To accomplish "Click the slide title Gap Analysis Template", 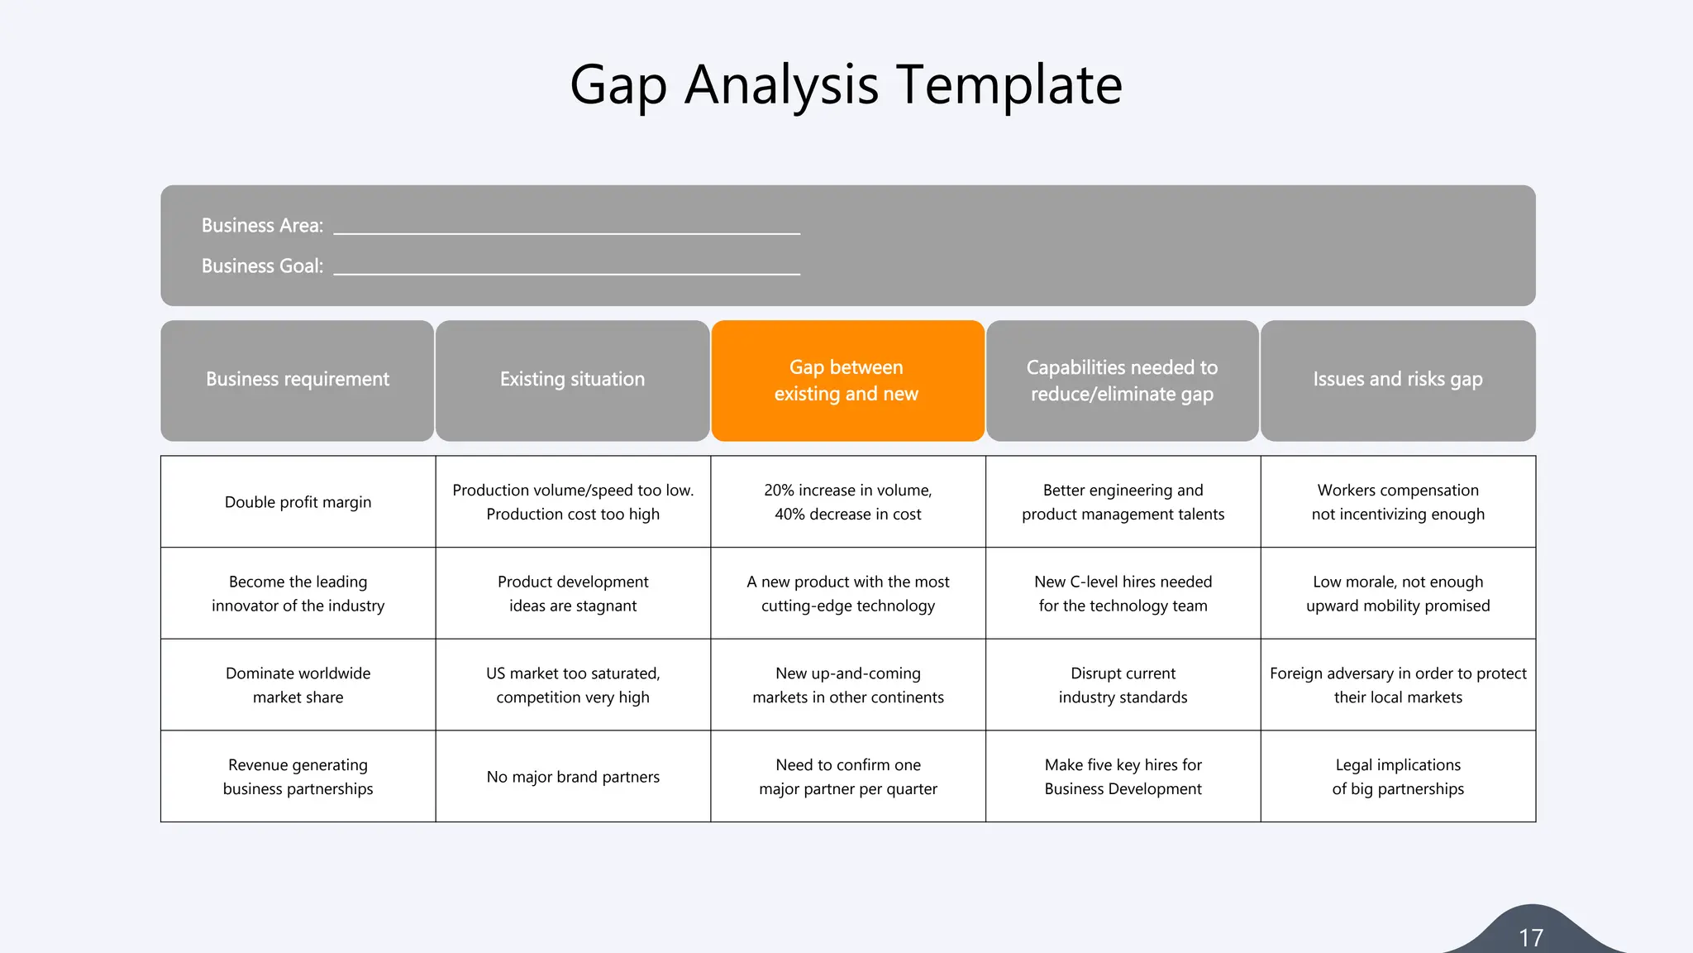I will pos(846,85).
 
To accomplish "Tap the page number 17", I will pos(1531,937).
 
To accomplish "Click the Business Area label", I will pos(262,225).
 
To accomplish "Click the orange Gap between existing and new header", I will pos(846,381).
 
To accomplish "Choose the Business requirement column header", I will pos(298,380).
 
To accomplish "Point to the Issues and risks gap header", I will pos(1398,380).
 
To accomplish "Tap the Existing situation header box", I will pos(572,380).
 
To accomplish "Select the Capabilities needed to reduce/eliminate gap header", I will pos(1122,381).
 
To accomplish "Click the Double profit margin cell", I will pos(298,502).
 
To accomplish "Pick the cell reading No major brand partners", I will pos(573,777).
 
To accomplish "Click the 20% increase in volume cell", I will pos(847,502).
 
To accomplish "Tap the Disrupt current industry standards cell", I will pos(1123,685).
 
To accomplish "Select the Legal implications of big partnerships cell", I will pos(1398,777).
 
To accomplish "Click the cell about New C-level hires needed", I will pos(1123,593).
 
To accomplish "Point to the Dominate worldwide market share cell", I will pos(298,685).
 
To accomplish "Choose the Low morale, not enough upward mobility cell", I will pos(1398,593).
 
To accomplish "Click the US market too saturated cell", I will pos(573,685).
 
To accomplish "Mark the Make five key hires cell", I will pos(1123,777).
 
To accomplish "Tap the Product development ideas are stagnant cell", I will pos(573,593).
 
